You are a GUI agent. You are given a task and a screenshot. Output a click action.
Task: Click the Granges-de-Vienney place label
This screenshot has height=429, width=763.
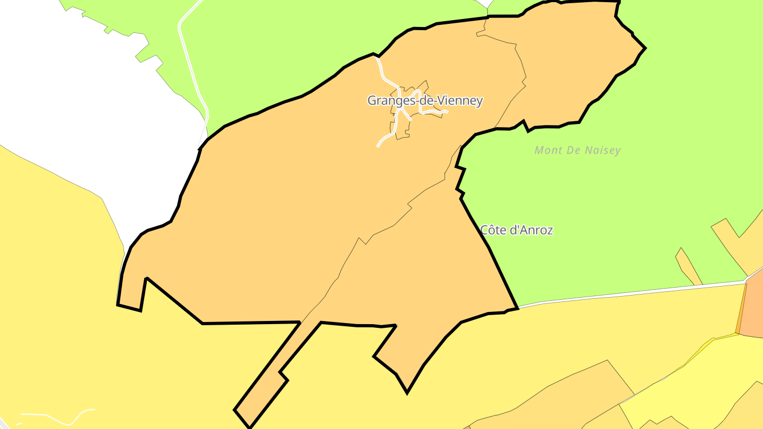pyautogui.click(x=425, y=100)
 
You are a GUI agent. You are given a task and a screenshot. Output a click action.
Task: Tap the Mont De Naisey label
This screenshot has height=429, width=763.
pyautogui.click(x=578, y=150)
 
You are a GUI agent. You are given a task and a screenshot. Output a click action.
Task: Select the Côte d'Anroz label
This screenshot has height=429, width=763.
pyautogui.click(x=517, y=230)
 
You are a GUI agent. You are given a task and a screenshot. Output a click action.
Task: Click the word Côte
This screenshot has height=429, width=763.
pyautogui.click(x=492, y=230)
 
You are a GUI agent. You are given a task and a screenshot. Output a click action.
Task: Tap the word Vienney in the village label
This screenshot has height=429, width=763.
pyautogui.click(x=462, y=100)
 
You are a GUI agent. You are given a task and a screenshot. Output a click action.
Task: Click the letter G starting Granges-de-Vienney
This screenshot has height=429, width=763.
pyautogui.click(x=372, y=100)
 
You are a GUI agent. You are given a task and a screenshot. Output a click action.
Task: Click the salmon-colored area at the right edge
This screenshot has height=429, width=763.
pyautogui.click(x=752, y=307)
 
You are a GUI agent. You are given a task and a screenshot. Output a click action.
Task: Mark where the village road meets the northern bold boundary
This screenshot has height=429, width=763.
pyautogui.click(x=376, y=56)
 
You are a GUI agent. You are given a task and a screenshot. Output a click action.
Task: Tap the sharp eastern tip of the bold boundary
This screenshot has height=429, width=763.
pyautogui.click(x=645, y=48)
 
